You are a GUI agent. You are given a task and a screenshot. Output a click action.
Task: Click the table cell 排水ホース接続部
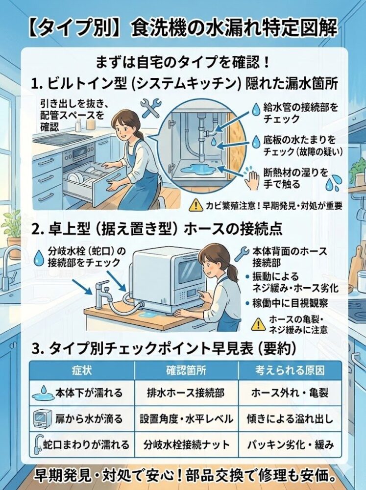(x=186, y=393)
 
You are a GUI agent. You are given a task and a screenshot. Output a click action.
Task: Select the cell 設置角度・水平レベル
(x=186, y=419)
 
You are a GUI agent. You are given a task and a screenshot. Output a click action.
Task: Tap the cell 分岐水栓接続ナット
(x=186, y=445)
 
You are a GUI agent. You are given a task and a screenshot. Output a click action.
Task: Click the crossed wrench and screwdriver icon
(x=150, y=107)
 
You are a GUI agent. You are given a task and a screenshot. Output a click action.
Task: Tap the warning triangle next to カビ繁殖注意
(x=197, y=206)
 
